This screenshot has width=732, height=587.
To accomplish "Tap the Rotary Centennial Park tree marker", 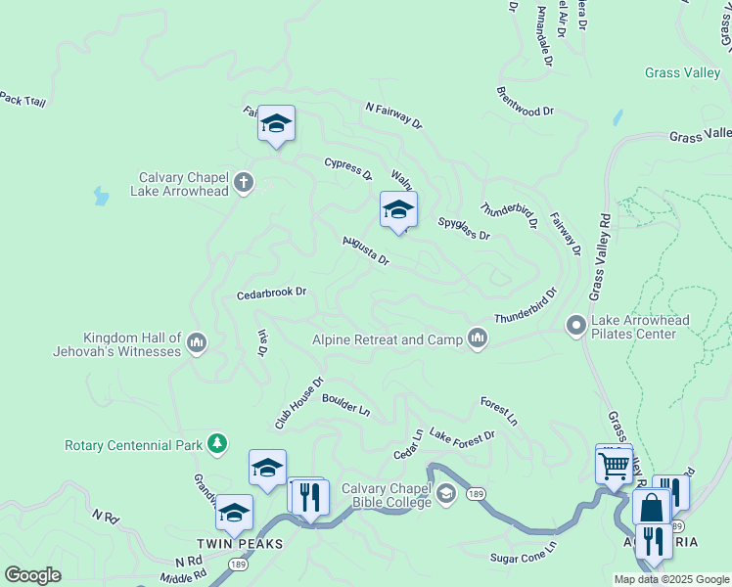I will point(217,445).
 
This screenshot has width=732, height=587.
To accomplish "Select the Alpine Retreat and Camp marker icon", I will point(478,338).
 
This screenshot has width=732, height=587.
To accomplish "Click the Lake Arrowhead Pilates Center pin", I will point(576,324).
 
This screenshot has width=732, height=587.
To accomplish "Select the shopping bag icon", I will point(651,509).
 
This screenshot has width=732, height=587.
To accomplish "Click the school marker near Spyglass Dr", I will point(398,209).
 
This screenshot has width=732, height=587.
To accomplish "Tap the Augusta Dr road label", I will point(366,250).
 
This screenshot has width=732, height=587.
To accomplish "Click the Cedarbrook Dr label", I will point(272,293).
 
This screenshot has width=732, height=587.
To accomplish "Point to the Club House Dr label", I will point(298,404).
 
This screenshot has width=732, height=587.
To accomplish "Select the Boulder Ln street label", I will point(345,403).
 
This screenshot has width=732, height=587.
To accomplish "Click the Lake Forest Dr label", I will point(462,435).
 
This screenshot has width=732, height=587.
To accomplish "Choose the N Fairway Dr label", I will point(393,115).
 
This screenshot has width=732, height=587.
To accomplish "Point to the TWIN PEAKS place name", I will point(240,544).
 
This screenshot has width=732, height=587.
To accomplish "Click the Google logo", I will point(32,575).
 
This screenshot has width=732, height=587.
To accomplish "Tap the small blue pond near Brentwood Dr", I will point(617,117).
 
